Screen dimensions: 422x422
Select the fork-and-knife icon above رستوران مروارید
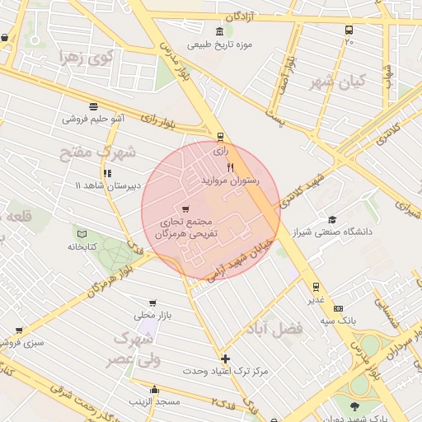pos(218,167)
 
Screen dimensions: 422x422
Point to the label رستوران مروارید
pos(230,179)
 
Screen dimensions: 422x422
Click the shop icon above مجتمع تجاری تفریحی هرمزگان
pos(184,209)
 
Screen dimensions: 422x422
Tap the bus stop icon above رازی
pos(219,137)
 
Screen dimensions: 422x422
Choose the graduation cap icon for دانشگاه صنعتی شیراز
pos(331,219)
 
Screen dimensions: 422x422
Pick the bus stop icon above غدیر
pos(316,287)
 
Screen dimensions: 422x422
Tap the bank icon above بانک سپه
pos(338,307)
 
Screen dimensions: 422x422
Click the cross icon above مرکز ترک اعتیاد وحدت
pos(225,359)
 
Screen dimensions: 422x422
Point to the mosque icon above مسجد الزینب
pos(154,389)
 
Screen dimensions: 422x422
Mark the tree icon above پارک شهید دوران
pos(354,406)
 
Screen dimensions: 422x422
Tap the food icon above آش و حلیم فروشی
pos(93,106)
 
